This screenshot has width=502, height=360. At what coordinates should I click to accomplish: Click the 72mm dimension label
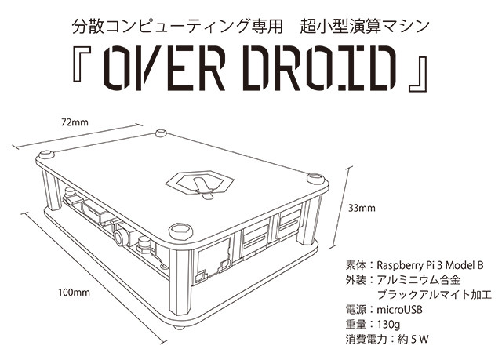[75, 122]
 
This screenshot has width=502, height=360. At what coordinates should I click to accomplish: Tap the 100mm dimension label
[74, 293]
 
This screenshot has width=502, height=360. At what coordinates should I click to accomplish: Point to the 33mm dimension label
[362, 209]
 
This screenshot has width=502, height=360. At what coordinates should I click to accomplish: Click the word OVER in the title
[165, 68]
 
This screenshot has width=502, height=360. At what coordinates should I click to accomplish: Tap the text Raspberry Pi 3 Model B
[430, 265]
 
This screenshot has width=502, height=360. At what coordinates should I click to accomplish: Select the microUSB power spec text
[399, 310]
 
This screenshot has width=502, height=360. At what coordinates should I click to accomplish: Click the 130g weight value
[388, 325]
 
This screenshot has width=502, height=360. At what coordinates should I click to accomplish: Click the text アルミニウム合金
[418, 280]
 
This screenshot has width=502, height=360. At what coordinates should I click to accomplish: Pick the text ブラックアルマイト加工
[434, 295]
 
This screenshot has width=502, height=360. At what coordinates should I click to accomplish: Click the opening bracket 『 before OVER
[82, 64]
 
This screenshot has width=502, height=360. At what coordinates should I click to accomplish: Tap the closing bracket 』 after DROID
[418, 75]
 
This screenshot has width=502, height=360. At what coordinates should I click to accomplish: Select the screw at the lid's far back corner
[161, 133]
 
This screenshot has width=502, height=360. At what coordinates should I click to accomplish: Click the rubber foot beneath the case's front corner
[180, 327]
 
